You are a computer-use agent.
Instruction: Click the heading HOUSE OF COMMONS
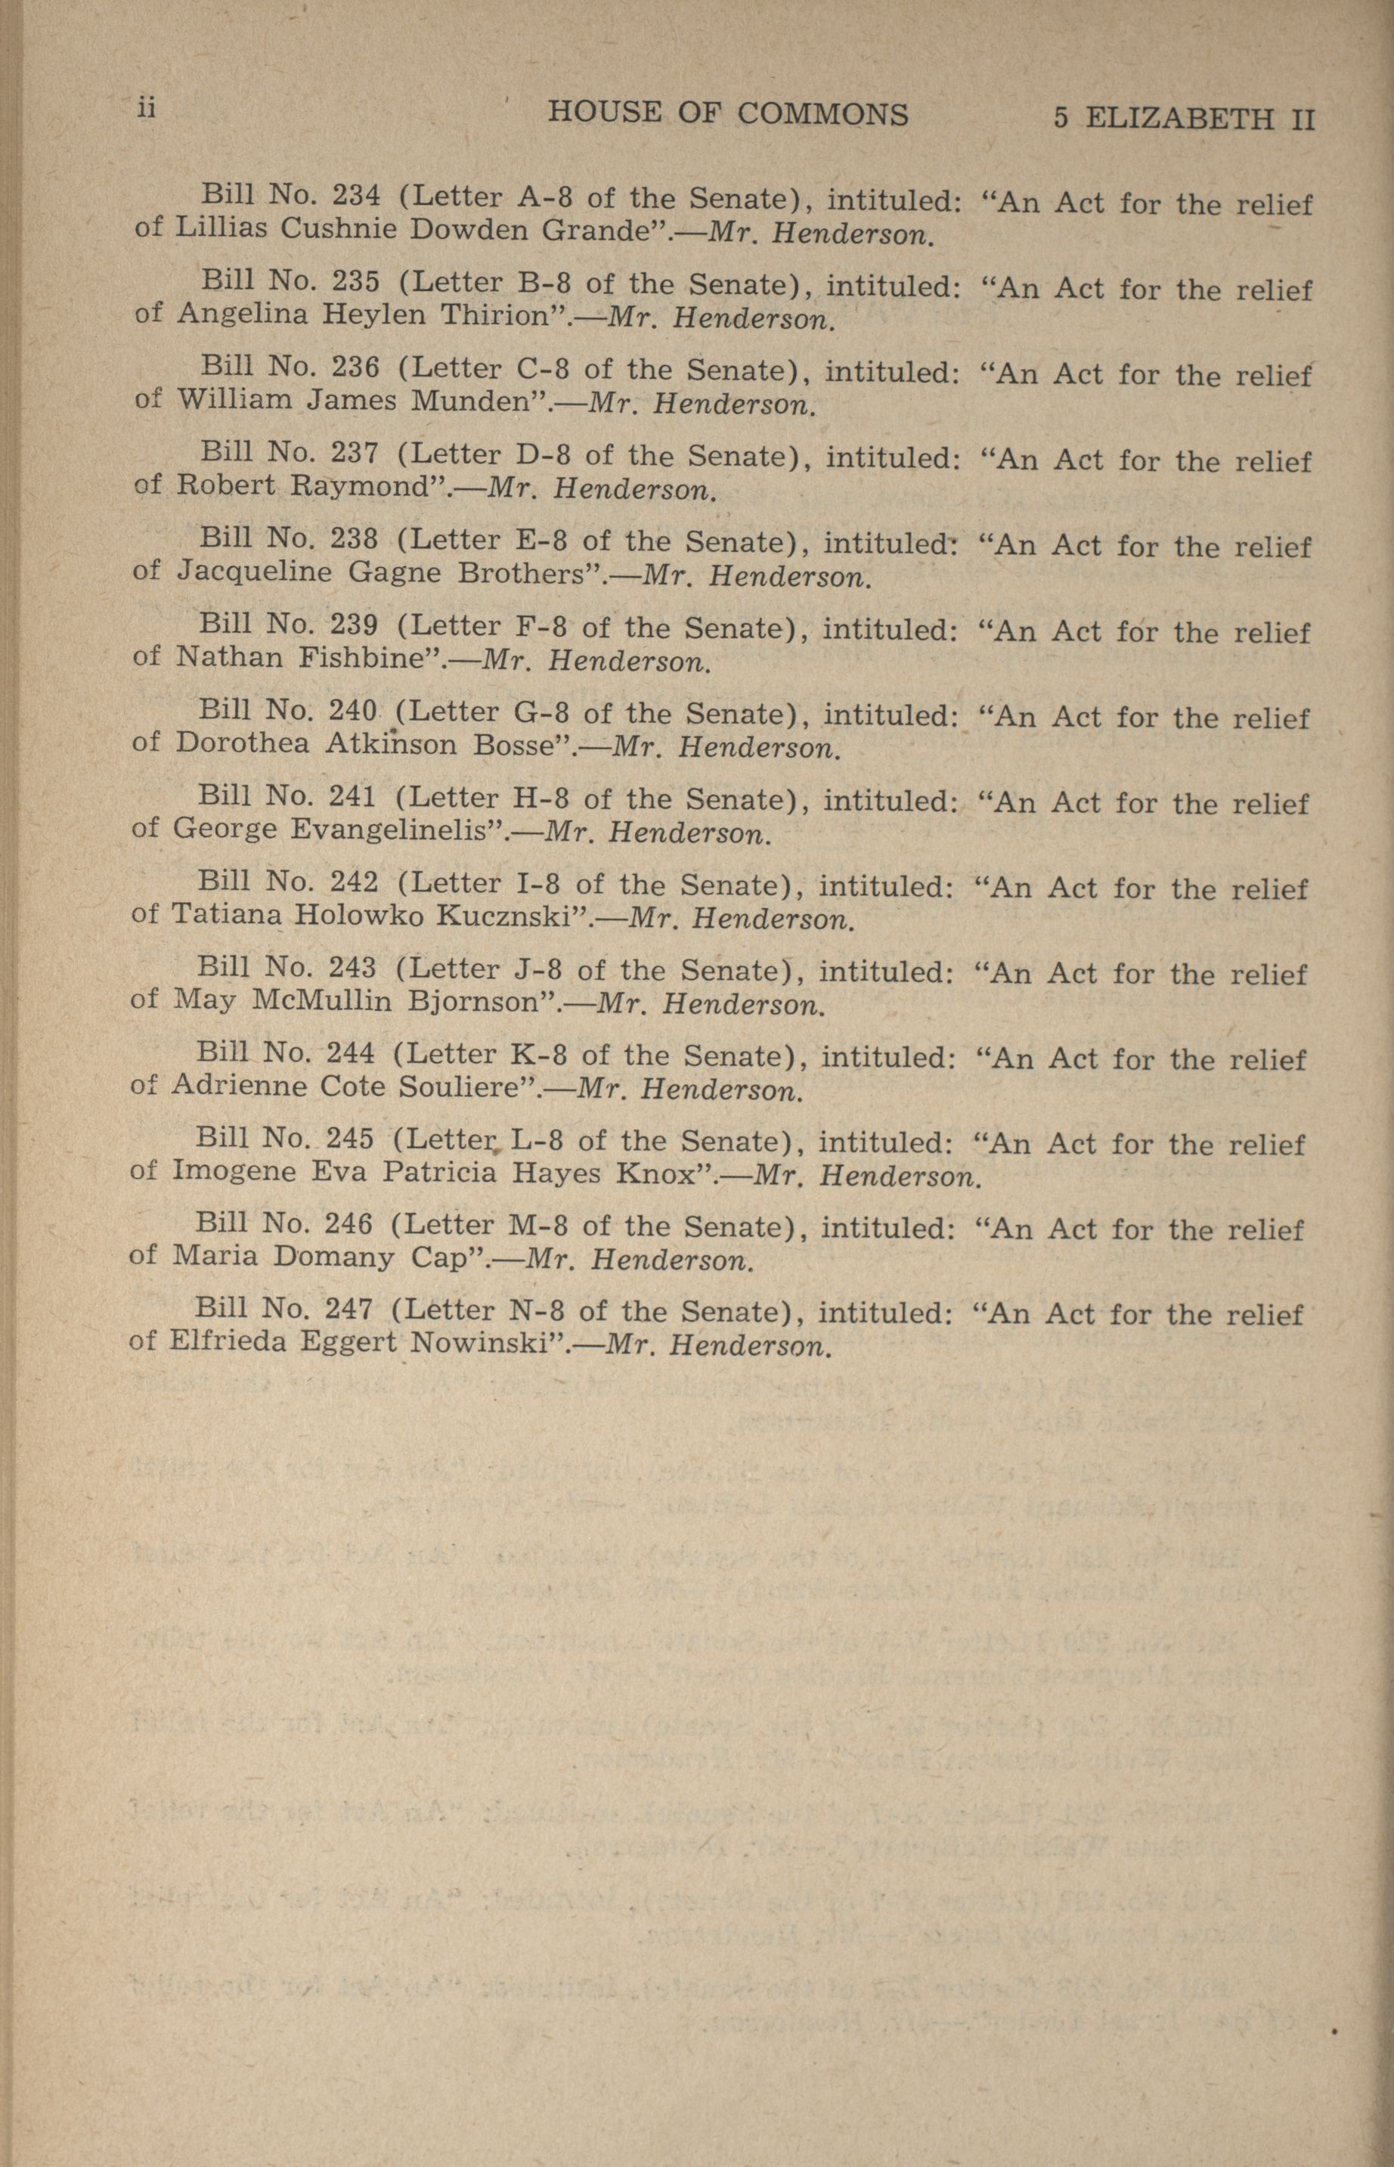coord(728,114)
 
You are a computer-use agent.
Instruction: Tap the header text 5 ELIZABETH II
coord(1183,119)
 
